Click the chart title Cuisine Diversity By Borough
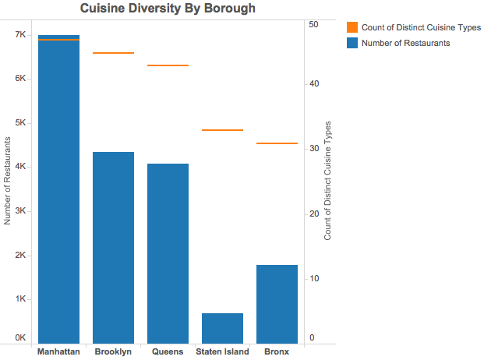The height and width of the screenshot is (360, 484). [168, 9]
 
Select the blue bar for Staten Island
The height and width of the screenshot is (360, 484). [223, 328]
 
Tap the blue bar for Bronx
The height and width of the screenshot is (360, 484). [277, 304]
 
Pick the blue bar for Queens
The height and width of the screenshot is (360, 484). [168, 253]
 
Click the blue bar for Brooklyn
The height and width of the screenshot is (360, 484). [113, 248]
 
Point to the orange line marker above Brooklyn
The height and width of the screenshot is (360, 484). [113, 53]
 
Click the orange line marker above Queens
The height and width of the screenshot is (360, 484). [168, 65]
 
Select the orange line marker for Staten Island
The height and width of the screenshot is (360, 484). [223, 130]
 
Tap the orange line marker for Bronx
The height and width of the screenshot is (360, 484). [277, 143]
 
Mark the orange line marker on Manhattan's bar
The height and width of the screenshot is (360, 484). [58, 40]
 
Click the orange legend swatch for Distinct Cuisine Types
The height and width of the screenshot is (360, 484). [352, 27]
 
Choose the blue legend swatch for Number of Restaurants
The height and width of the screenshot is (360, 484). [352, 43]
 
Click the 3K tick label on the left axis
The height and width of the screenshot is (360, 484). [21, 210]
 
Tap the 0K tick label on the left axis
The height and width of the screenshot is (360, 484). [21, 337]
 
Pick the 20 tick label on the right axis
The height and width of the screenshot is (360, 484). [314, 214]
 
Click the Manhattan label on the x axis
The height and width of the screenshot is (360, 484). [58, 351]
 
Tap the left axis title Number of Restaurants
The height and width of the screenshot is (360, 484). [7, 181]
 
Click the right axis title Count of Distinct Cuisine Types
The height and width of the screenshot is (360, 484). [327, 181]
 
